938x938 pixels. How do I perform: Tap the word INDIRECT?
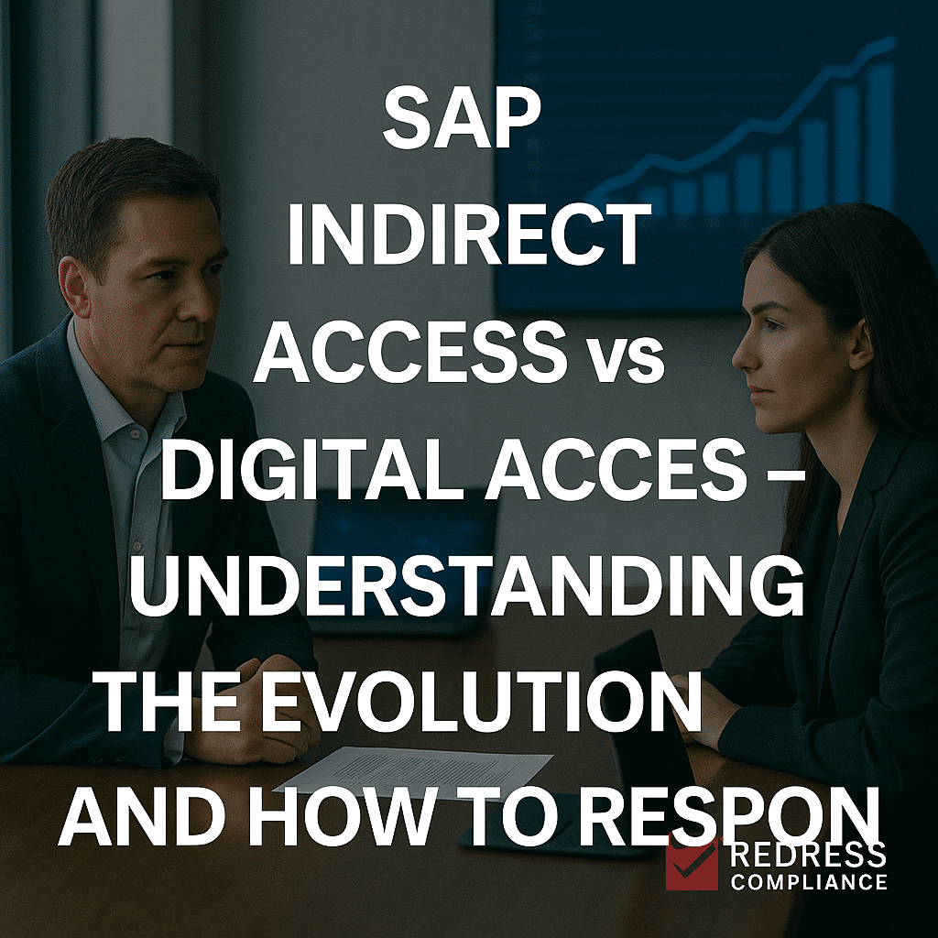[469, 234]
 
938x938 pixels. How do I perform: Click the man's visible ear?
[73, 286]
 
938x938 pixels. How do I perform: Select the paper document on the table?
[413, 771]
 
